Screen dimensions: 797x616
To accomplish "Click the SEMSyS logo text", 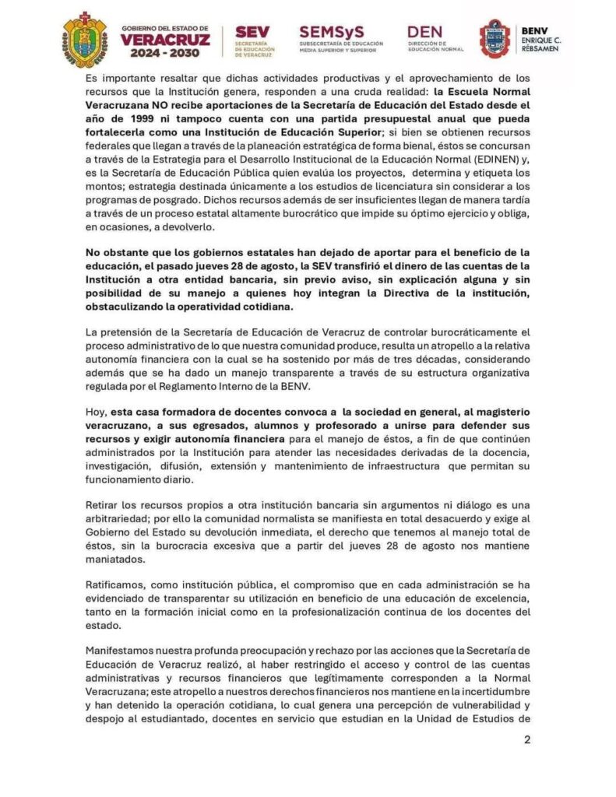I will [330, 32].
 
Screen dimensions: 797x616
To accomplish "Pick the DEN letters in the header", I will [424, 31].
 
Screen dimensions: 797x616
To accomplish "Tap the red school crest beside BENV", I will [495, 39].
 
